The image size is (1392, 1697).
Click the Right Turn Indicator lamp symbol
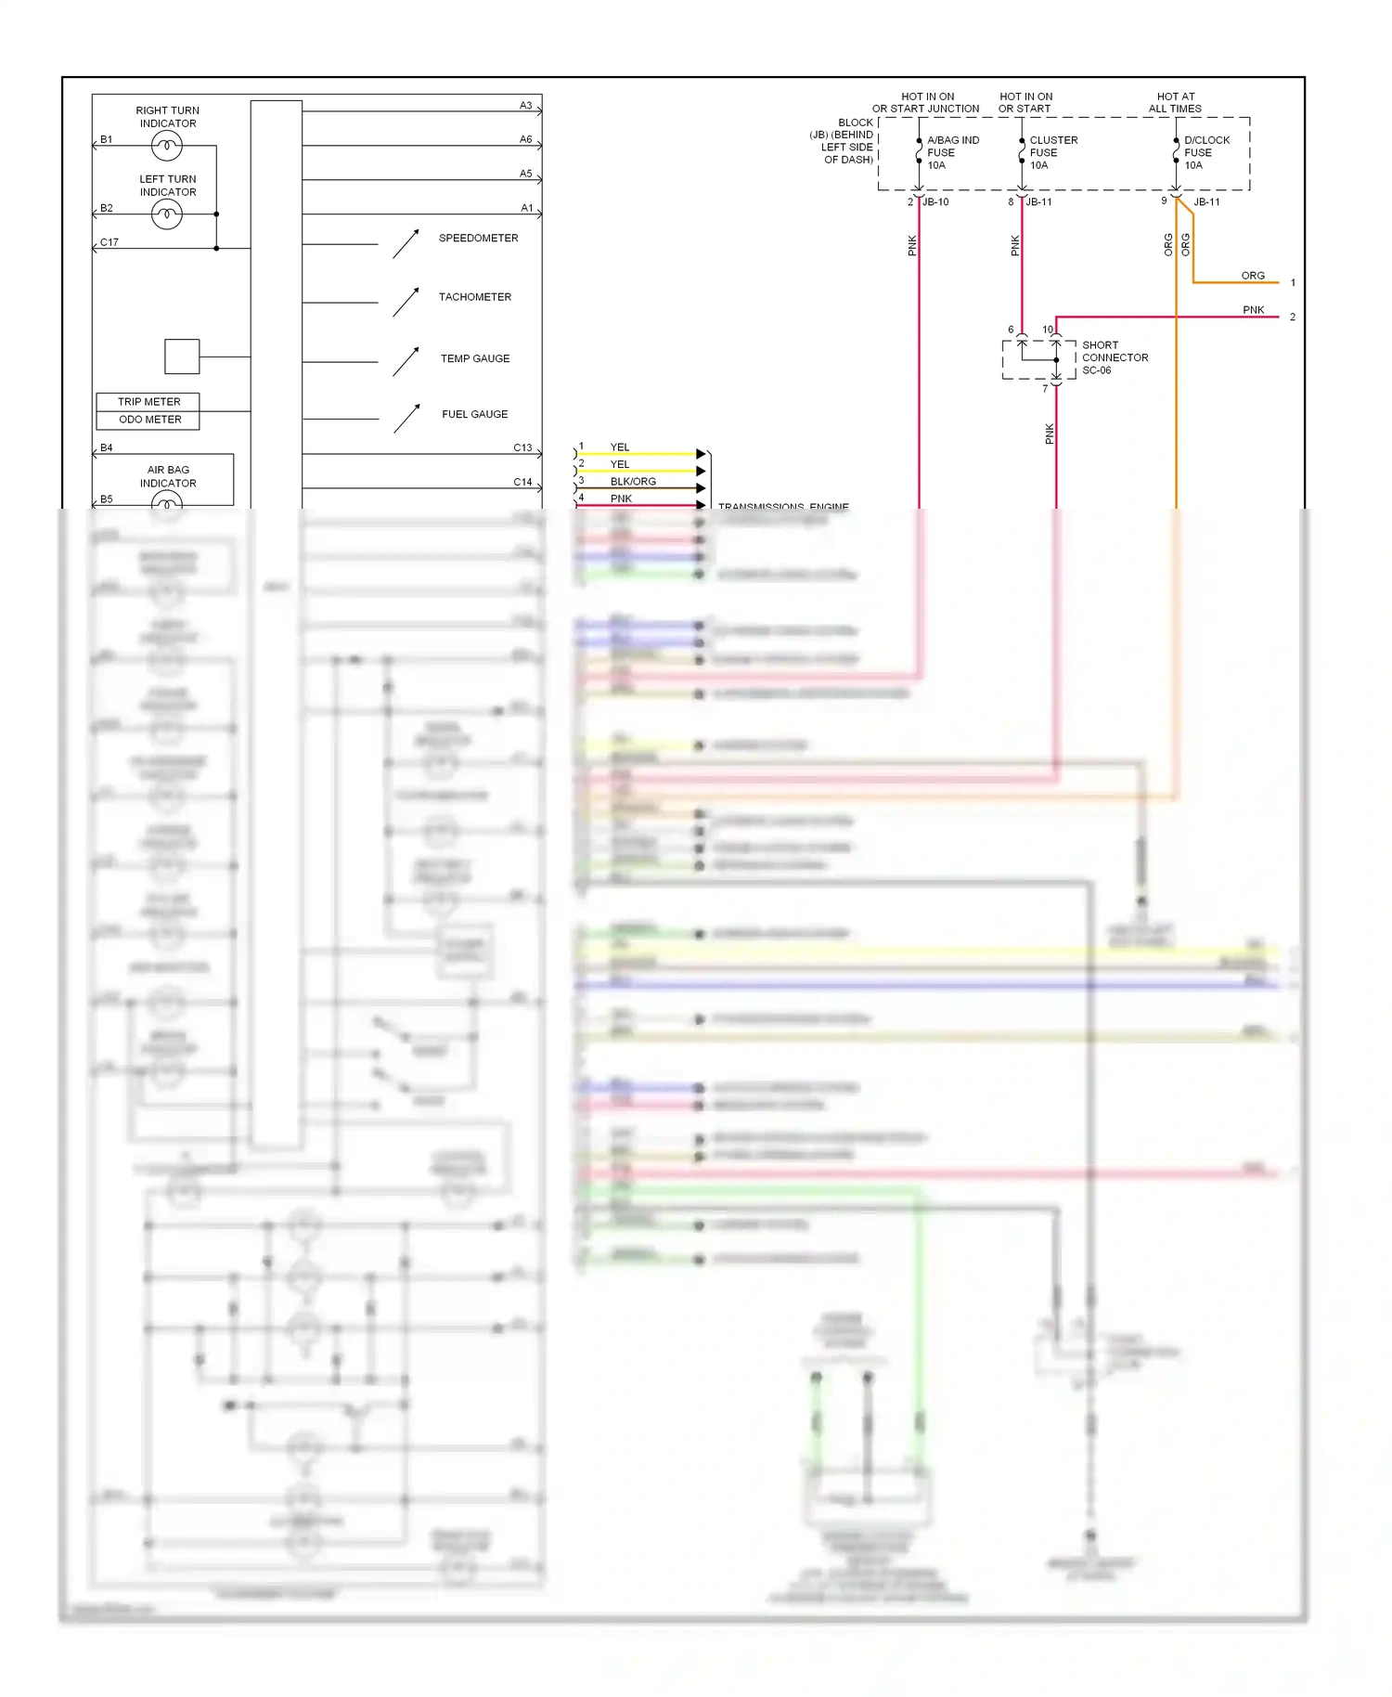167,146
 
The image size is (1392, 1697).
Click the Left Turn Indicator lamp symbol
167,215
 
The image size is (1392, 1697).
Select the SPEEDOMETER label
478,239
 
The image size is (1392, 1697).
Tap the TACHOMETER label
474,297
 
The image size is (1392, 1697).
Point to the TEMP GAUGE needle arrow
406,361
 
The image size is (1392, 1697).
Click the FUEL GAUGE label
474,414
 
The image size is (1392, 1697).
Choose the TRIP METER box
148,402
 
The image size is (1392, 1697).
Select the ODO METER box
148,420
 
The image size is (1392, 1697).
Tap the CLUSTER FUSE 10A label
1052,152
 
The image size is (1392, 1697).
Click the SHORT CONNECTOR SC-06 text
1114,357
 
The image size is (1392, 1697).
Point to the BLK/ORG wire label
633,482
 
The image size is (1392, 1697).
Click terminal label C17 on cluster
110,242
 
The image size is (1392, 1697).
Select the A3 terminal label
525,106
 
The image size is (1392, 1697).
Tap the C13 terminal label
522,447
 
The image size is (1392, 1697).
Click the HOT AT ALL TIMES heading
1175,102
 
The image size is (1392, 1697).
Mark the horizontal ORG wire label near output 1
1252,276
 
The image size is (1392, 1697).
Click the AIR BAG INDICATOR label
168,476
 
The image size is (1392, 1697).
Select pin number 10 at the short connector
1047,330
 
